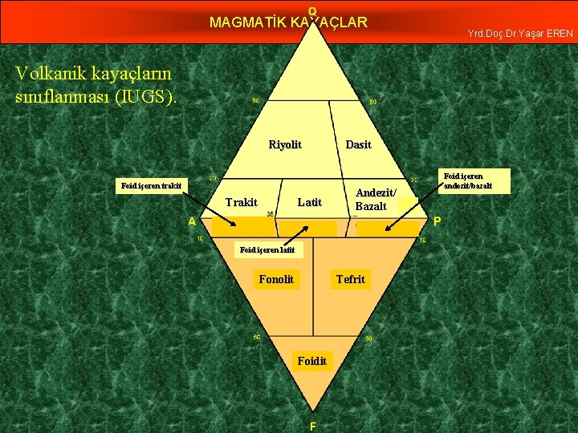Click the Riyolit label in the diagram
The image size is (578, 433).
tap(285, 144)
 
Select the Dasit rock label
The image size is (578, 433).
tap(358, 144)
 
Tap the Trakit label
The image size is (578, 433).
tap(242, 202)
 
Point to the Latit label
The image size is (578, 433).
tap(309, 202)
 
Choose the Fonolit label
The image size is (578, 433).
tap(276, 279)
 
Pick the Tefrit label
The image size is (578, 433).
tap(350, 279)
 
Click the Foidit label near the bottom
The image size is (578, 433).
tap(311, 361)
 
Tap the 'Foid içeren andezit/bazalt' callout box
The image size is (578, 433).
tap(475, 180)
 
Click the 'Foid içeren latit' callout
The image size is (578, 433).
tap(268, 250)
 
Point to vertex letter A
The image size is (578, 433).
tap(193, 221)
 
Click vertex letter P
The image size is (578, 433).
tap(437, 221)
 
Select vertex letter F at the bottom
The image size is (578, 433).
tap(312, 426)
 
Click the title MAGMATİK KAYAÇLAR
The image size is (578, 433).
tap(288, 22)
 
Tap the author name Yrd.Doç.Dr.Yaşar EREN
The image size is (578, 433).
tap(520, 34)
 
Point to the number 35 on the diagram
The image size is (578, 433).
tap(270, 214)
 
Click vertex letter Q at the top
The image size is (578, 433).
tap(312, 10)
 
